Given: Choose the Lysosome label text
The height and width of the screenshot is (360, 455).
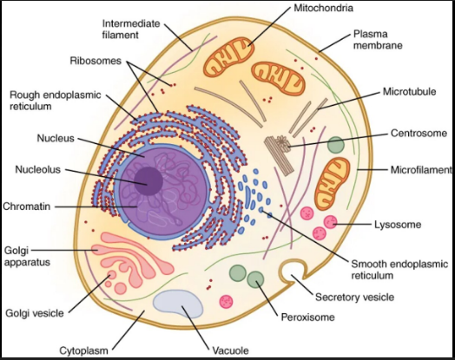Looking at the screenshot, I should click(398, 225).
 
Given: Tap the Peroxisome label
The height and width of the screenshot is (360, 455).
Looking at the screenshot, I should click(307, 317).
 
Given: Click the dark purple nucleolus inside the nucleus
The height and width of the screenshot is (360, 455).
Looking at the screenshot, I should click(147, 181).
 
